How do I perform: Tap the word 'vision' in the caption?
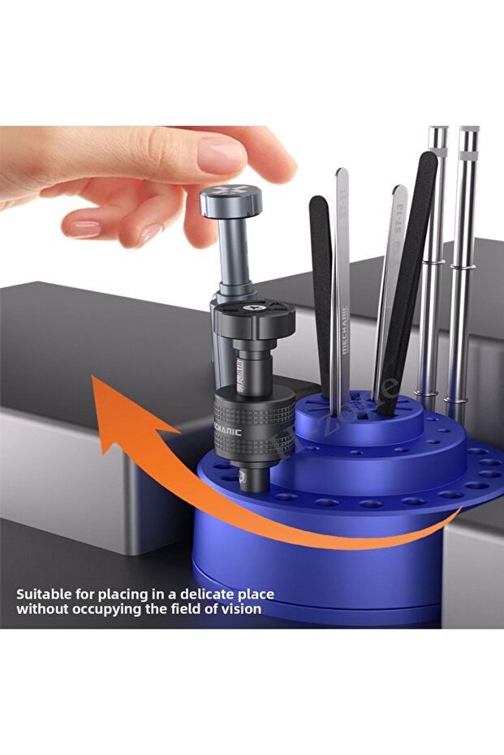coord(243,608)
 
